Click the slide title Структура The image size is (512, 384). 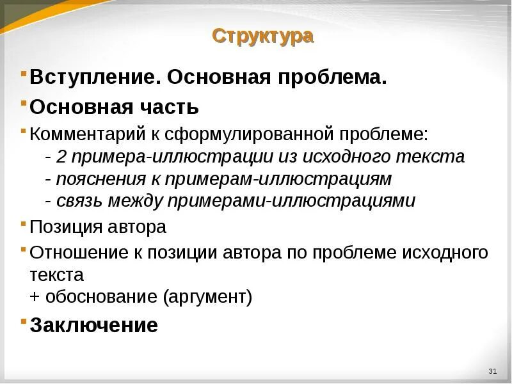click(263, 36)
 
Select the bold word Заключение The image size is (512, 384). click(93, 324)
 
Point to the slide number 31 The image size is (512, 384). click(492, 372)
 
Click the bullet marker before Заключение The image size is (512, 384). click(24, 320)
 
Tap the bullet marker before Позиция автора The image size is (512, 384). click(24, 223)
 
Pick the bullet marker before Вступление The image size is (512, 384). click(24, 74)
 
